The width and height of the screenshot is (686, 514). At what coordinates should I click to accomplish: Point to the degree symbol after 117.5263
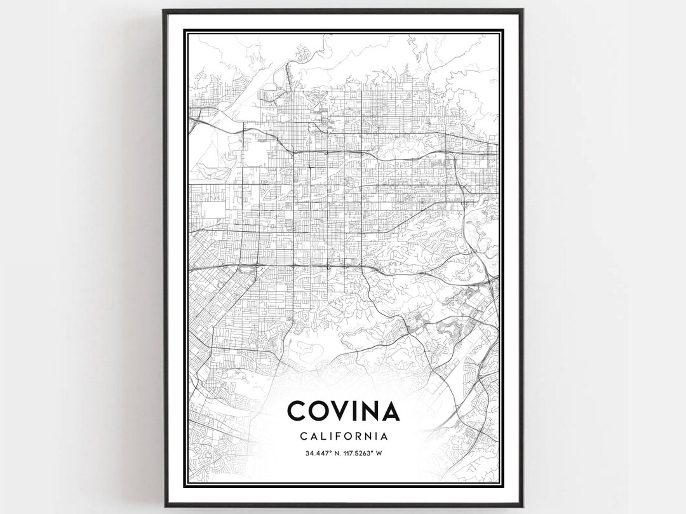pyautogui.click(x=371, y=452)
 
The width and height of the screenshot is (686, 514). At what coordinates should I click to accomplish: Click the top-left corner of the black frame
pyautogui.click(x=164, y=10)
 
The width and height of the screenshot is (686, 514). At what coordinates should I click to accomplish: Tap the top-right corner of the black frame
pyautogui.click(x=522, y=10)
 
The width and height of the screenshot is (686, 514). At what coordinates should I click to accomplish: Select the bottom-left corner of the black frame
pyautogui.click(x=164, y=506)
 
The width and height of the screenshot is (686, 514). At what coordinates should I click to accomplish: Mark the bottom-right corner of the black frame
pyautogui.click(x=522, y=506)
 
